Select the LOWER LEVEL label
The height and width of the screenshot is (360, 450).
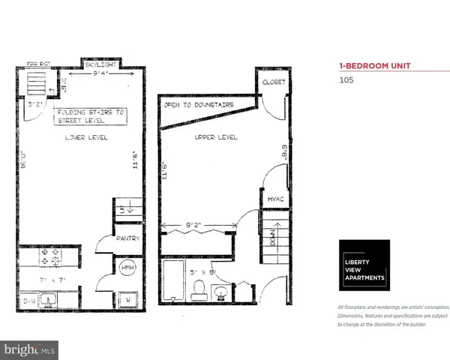pyautogui.click(x=86, y=138)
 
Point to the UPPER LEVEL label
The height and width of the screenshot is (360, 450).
pyautogui.click(x=217, y=138)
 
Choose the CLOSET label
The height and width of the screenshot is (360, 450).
pyautogui.click(x=273, y=83)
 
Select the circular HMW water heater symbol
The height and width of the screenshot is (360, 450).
pyautogui.click(x=127, y=268)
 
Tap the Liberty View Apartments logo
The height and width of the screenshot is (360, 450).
pyautogui.click(x=364, y=265)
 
